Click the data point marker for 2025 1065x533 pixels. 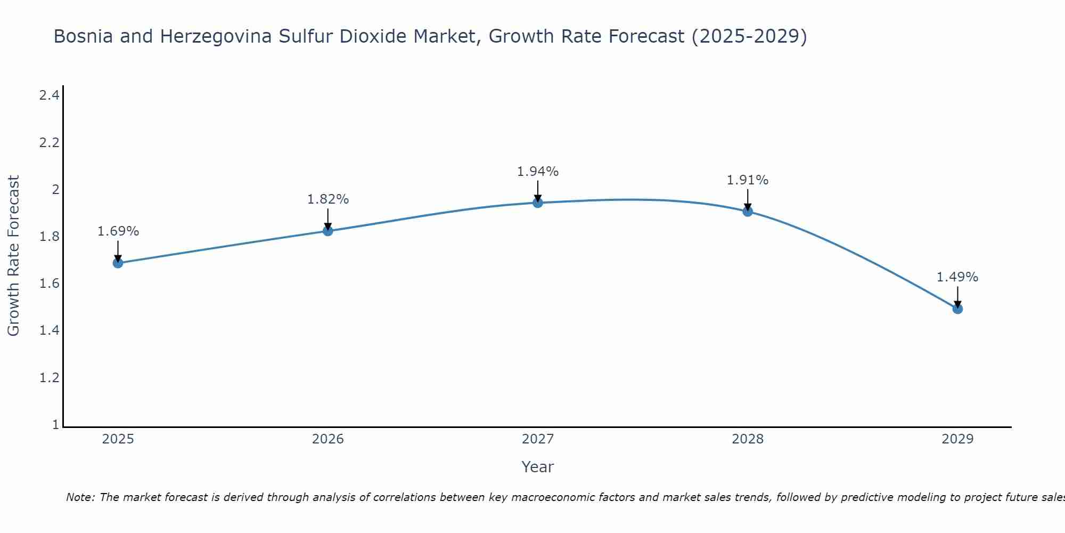118,263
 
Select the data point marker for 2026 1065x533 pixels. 328,231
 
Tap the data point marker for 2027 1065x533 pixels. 538,203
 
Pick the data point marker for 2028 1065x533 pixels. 748,212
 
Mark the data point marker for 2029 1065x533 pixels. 957,309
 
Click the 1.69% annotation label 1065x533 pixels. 118,231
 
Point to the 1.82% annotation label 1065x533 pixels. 328,199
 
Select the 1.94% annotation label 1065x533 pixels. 538,172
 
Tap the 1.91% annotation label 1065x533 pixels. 748,180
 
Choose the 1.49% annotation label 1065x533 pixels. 957,277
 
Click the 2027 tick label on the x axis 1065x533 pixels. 538,439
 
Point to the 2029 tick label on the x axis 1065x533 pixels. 957,439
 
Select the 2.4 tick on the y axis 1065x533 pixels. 49,96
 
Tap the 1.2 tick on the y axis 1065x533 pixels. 49,378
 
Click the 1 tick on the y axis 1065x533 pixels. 55,425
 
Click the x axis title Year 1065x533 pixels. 538,467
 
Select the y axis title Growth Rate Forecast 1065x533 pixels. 13,256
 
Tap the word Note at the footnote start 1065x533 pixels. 80,497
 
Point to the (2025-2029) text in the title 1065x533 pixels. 749,36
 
